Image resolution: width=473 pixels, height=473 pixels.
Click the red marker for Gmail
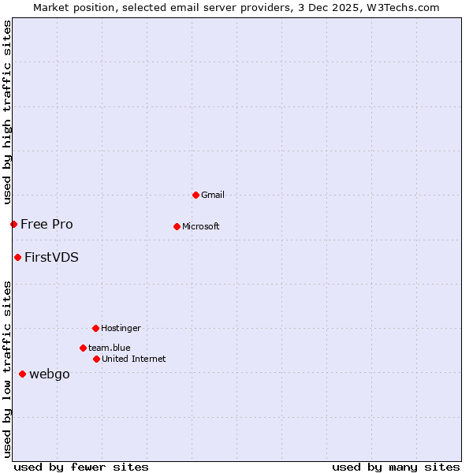click(196, 195)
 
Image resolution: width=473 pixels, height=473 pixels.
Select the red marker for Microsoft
click(177, 226)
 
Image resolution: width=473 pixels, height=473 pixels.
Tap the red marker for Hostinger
click(95, 328)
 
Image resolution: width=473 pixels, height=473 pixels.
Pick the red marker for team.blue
click(83, 348)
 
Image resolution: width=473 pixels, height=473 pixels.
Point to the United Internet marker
click(96, 359)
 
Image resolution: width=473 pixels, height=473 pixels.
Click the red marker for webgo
click(22, 374)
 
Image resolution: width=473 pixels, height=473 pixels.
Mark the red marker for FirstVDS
click(17, 257)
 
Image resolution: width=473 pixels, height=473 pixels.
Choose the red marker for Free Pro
click(13, 224)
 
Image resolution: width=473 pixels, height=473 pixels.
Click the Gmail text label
click(213, 195)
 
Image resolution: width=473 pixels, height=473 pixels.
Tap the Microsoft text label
click(201, 226)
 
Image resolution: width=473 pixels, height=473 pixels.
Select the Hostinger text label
click(121, 328)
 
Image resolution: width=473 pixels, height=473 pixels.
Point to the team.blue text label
click(110, 348)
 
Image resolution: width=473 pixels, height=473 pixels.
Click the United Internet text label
click(134, 359)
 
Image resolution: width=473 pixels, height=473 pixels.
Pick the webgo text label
click(50, 374)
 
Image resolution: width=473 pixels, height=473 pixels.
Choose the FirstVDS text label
click(51, 257)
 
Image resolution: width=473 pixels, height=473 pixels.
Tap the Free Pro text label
click(47, 224)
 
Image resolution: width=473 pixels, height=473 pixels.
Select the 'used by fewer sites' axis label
click(81, 467)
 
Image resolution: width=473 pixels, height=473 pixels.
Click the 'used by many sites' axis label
click(396, 467)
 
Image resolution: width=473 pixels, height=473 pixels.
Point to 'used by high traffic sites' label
click(7, 112)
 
